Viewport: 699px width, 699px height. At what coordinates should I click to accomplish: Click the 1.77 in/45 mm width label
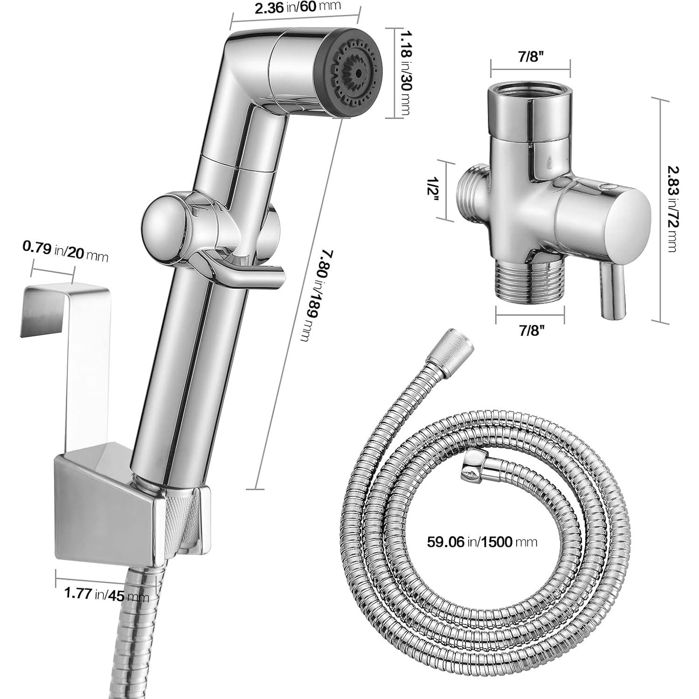(106, 595)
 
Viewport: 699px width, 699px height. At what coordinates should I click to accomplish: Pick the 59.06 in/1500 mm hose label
(482, 541)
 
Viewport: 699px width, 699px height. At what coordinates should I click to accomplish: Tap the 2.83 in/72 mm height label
(672, 209)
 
